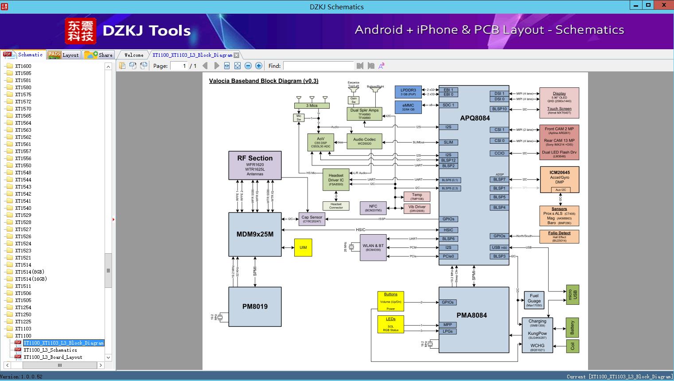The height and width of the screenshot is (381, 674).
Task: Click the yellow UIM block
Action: click(303, 247)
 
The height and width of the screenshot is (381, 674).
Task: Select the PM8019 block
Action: click(255, 306)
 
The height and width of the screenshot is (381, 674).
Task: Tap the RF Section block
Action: click(255, 165)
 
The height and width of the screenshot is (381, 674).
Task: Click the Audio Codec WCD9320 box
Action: click(364, 141)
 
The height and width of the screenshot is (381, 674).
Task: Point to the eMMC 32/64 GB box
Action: click(408, 107)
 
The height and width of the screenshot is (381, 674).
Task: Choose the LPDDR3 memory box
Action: click(408, 92)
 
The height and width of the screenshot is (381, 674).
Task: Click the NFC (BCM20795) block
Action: click(373, 208)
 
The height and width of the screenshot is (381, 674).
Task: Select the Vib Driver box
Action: click(417, 208)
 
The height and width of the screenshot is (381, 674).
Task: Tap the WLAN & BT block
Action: click(373, 247)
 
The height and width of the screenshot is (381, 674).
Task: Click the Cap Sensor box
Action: click(312, 219)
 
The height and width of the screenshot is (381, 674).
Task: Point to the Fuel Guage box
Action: click(534, 300)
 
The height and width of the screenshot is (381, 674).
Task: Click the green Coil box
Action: click(572, 346)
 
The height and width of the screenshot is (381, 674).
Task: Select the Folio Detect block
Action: click(559, 236)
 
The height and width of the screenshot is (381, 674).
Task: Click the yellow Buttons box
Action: click(390, 301)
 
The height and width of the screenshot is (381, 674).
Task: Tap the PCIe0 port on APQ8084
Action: click(448, 256)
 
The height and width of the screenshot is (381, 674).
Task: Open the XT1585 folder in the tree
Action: click(23, 73)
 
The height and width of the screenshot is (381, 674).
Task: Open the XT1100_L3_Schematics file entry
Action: click(50, 350)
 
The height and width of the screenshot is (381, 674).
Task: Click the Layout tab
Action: click(65, 55)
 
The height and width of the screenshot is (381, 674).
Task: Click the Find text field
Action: click(319, 66)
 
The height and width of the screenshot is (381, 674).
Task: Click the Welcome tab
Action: click(134, 55)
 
